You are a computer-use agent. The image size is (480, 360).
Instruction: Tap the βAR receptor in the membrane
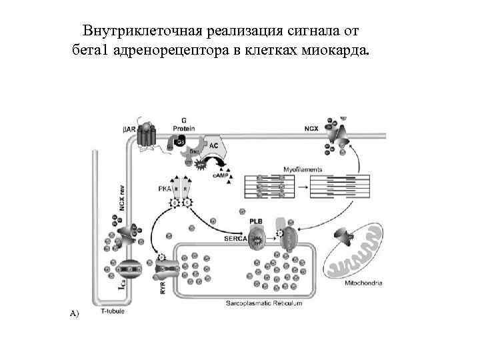[x=146, y=136]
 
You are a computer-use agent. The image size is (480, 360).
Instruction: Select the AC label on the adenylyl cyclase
[x=213, y=145]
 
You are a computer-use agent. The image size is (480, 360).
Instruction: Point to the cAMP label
[x=219, y=176]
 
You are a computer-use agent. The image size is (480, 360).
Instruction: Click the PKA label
[x=165, y=189]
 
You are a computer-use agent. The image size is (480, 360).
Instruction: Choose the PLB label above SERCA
[x=256, y=221]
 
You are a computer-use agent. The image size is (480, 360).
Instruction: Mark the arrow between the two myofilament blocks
[x=297, y=187]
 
